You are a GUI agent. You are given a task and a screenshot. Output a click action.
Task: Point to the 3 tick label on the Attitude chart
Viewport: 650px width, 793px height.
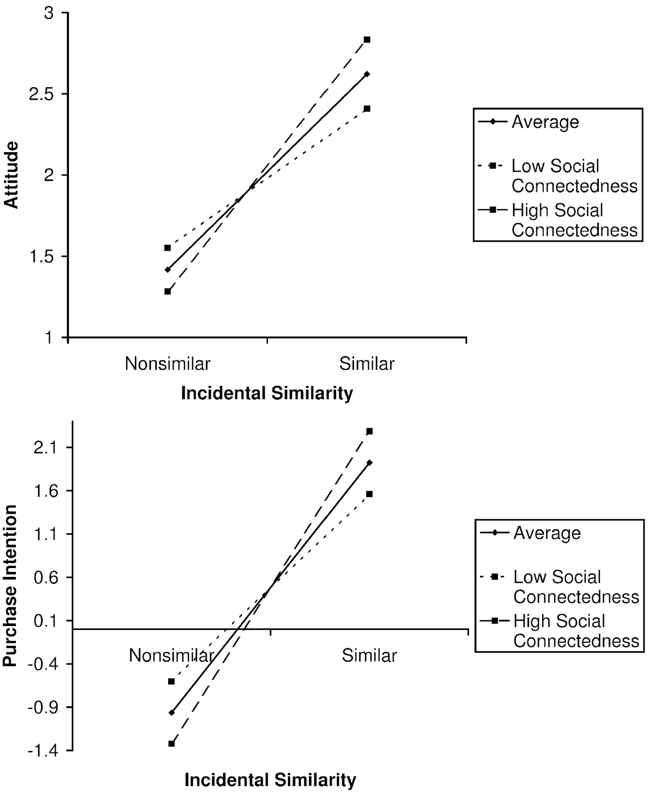click(49, 13)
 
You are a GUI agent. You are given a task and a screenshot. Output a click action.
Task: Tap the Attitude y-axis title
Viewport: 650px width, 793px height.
click(11, 175)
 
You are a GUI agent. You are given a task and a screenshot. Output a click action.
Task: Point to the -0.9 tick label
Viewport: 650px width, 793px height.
click(44, 707)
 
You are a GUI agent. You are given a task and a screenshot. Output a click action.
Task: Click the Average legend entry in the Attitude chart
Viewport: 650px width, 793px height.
click(545, 122)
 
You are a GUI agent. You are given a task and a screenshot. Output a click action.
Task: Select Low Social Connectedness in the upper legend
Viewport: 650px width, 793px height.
click(574, 176)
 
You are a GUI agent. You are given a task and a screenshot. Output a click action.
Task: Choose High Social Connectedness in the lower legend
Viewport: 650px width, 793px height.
click(576, 631)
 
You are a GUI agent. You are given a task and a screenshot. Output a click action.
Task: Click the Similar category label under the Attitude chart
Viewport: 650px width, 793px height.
click(367, 364)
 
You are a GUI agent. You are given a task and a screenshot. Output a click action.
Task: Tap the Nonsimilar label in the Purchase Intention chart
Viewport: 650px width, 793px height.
click(172, 655)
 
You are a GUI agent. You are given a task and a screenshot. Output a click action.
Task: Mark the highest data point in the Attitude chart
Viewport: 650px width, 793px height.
click(367, 40)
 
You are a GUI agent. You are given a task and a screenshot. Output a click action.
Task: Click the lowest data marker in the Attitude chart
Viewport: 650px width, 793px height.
click(168, 291)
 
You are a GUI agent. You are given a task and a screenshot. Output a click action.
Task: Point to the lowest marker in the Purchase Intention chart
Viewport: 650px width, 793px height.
click(172, 743)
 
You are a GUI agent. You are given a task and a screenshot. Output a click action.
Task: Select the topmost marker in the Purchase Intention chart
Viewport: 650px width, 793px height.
click(369, 431)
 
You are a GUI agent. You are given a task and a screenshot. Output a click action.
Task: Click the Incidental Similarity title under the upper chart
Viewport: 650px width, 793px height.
click(267, 393)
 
